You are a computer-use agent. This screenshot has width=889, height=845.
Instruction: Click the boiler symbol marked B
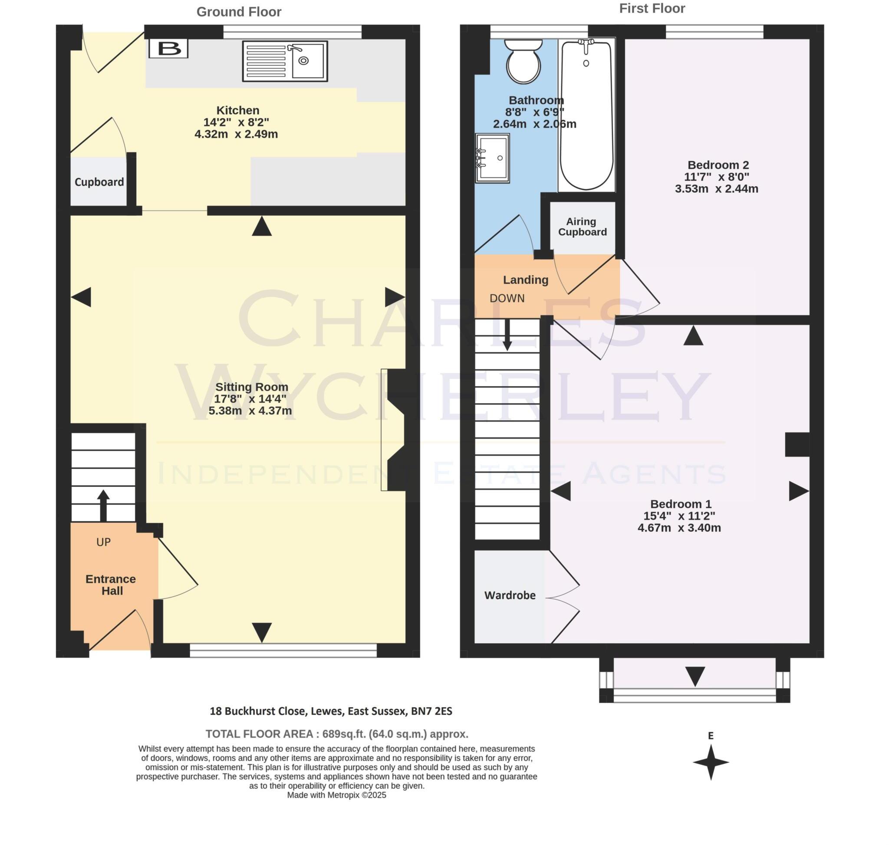(x=168, y=48)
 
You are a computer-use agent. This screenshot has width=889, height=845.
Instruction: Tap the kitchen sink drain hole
(x=303, y=61)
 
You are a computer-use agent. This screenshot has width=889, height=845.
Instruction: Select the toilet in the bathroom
(x=523, y=62)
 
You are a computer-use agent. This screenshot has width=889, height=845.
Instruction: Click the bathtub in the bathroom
(x=586, y=115)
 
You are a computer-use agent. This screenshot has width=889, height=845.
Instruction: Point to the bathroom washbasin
(x=493, y=158)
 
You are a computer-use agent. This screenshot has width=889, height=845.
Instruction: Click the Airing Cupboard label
(x=582, y=227)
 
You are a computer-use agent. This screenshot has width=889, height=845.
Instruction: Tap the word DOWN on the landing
(x=507, y=298)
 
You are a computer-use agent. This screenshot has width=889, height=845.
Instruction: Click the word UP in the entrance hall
(x=103, y=543)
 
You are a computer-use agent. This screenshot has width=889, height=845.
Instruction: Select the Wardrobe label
(x=510, y=595)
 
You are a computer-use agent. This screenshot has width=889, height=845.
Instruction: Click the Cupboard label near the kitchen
(x=99, y=182)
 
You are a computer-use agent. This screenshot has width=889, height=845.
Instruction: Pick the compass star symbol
(x=711, y=762)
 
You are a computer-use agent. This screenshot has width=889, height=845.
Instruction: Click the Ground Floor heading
(x=239, y=12)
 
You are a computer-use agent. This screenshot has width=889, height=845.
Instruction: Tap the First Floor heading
(x=652, y=9)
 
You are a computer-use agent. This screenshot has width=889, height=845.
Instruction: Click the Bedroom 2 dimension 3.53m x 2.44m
(x=716, y=189)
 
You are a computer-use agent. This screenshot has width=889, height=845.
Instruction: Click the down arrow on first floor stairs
(x=507, y=335)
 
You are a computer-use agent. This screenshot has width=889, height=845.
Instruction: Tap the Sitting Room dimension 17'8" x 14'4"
(x=250, y=398)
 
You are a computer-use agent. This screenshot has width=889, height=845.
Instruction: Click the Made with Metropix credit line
(x=336, y=808)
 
